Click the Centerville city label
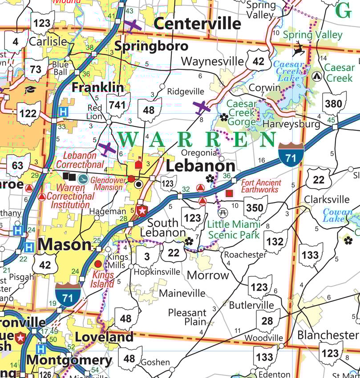(x=197, y=24)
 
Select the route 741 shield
(x=118, y=105)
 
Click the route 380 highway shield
(x=334, y=104)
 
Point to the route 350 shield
(x=255, y=207)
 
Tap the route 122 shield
(x=28, y=113)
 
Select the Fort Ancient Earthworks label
(x=261, y=186)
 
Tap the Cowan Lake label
(x=338, y=216)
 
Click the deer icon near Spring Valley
(x=300, y=47)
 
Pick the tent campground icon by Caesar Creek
(x=317, y=76)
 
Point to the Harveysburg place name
(x=291, y=124)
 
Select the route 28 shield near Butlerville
(x=267, y=321)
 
